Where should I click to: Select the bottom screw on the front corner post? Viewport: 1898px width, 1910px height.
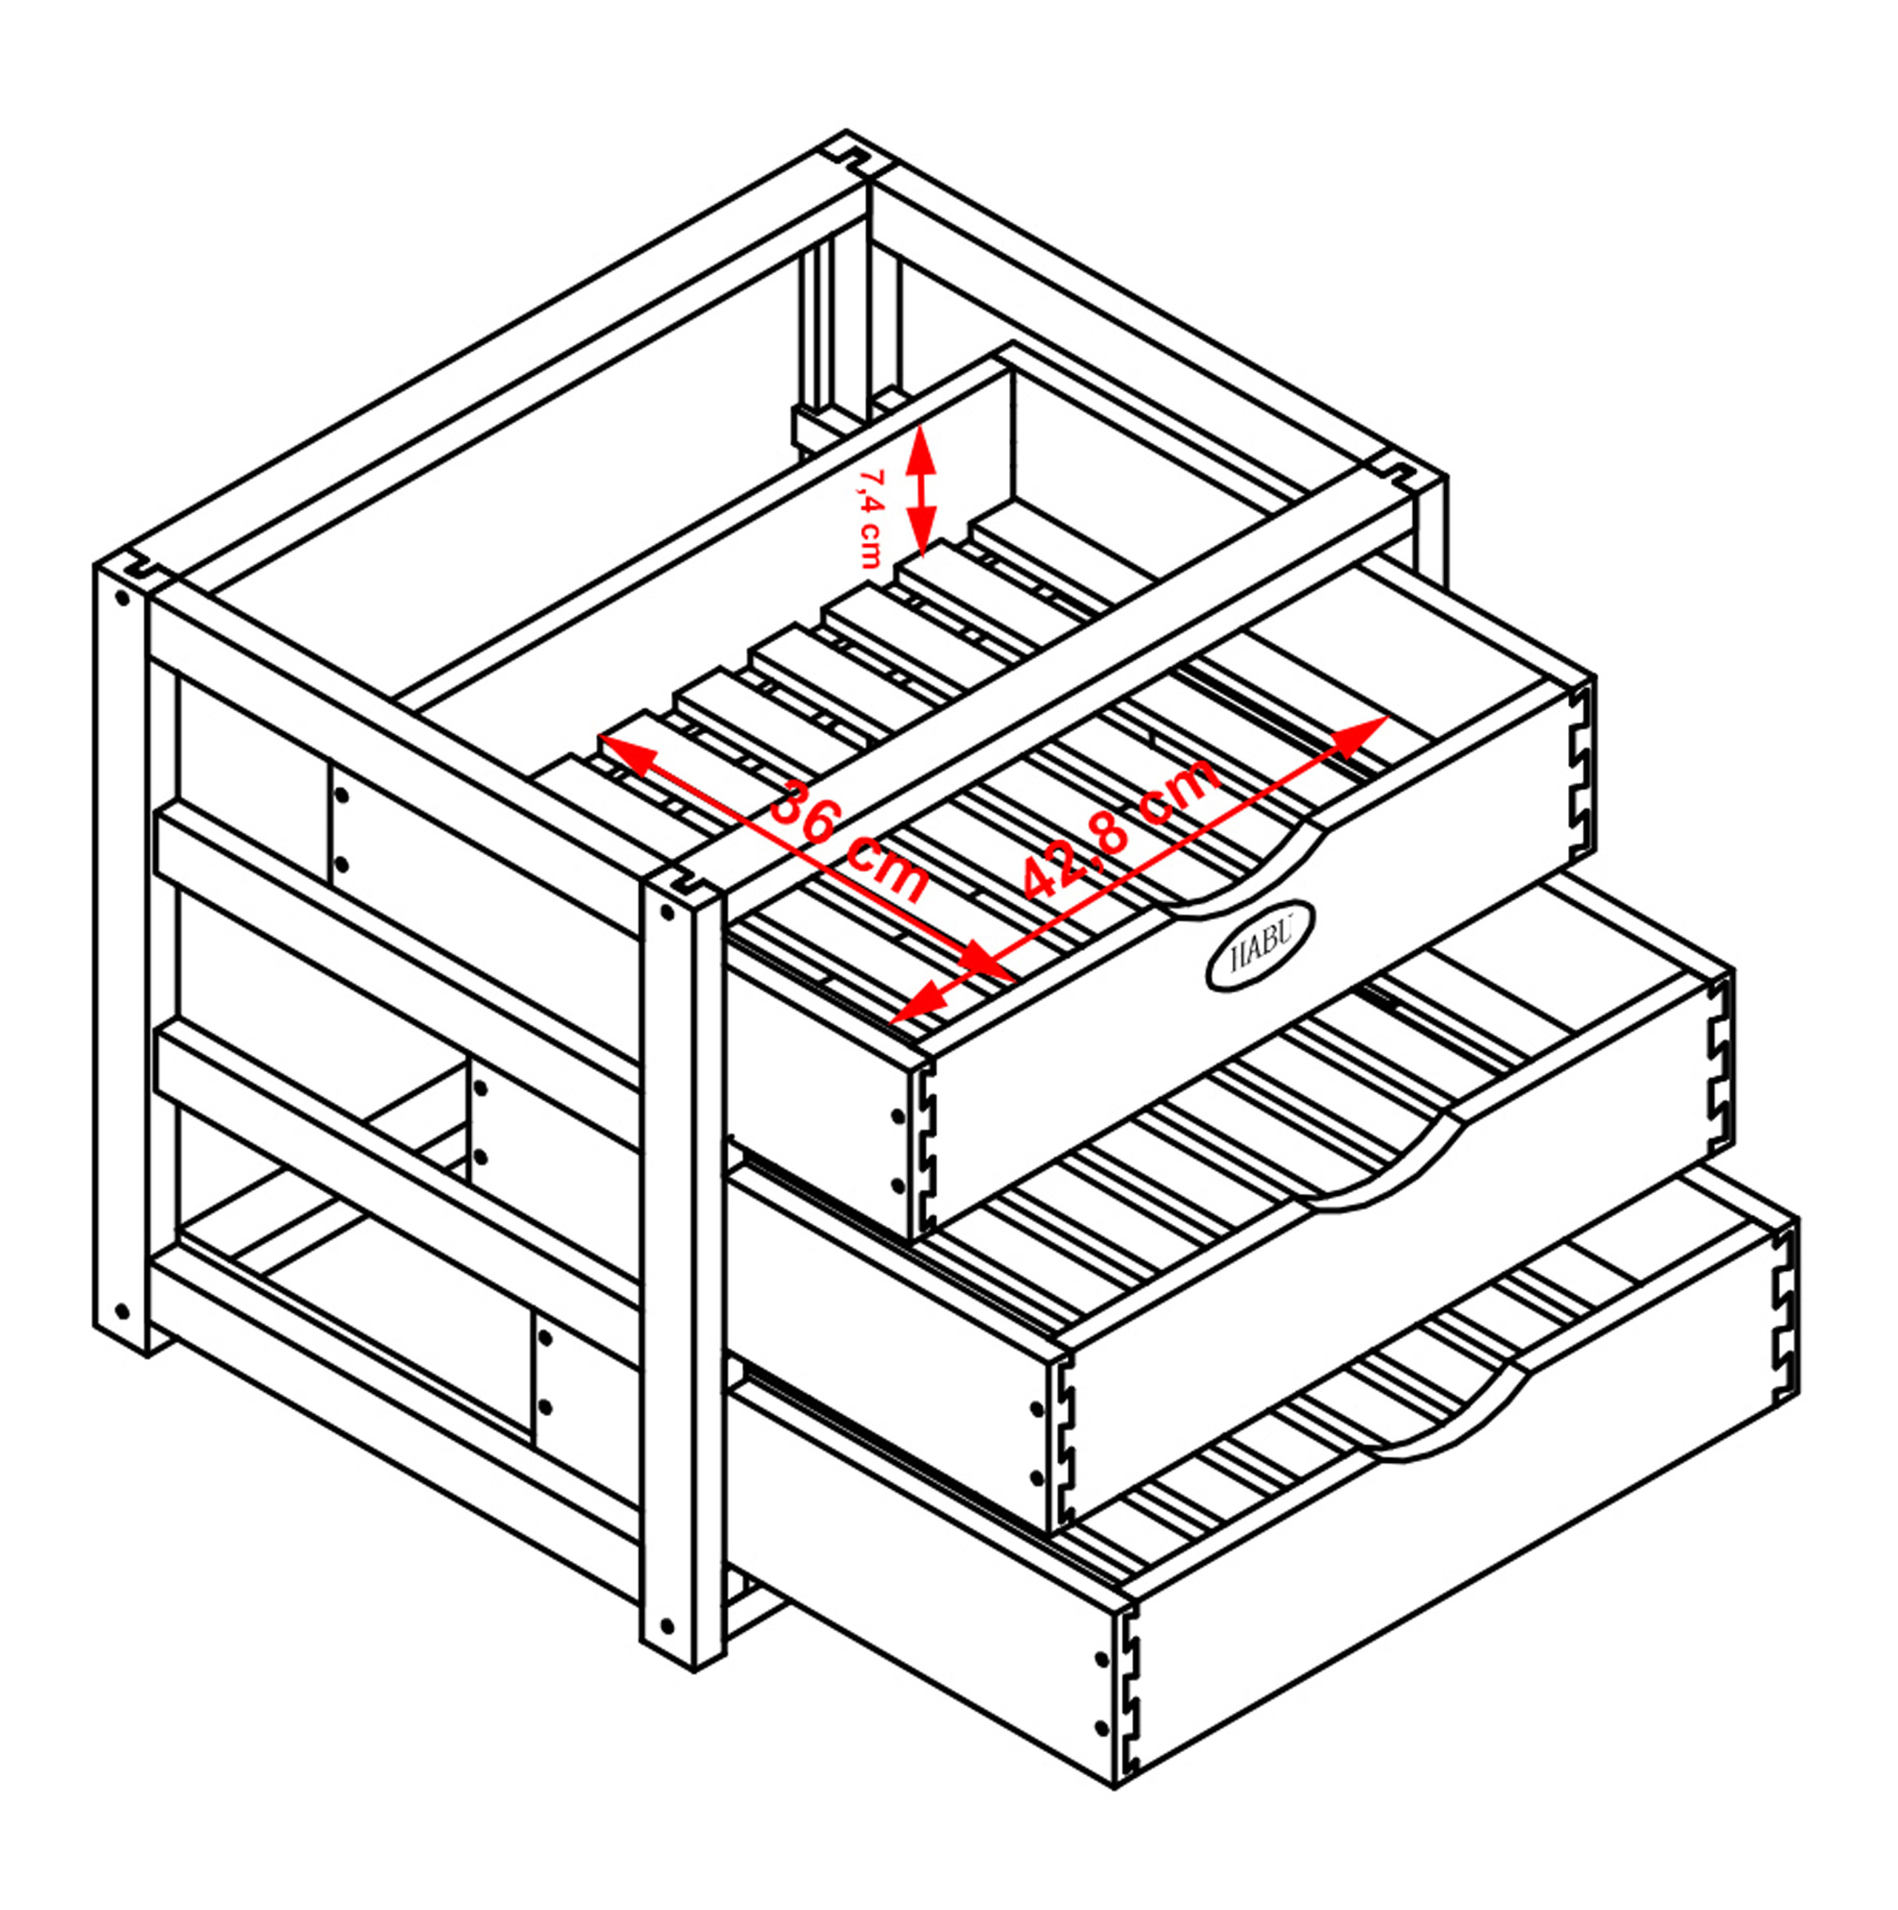[667, 1625]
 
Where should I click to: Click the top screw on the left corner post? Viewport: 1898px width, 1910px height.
[122, 598]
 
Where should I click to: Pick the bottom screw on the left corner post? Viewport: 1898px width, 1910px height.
[122, 1312]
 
